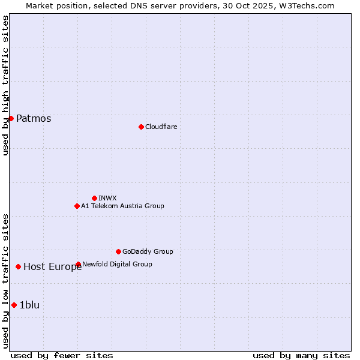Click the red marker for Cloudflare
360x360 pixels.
[x=141, y=127]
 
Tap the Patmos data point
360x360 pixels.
[x=11, y=118]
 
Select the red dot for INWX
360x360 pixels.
[x=94, y=198]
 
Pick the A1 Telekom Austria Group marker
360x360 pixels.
[x=77, y=206]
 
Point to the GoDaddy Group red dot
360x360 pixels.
[x=118, y=251]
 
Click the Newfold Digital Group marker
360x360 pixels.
[x=78, y=264]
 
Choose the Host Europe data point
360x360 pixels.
[x=19, y=266]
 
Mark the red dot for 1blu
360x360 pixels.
[x=14, y=305]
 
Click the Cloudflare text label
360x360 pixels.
[x=161, y=127]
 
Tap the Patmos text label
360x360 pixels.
[x=34, y=118]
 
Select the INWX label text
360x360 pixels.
[x=107, y=198]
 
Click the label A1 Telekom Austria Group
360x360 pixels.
[x=122, y=206]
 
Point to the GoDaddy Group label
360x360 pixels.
[x=148, y=251]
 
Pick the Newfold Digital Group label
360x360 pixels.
[x=117, y=264]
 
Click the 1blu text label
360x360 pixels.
[x=29, y=305]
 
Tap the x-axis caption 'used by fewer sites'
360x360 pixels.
[x=62, y=355]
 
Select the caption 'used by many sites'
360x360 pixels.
[x=301, y=355]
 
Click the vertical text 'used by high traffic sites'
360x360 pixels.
[x=5, y=85]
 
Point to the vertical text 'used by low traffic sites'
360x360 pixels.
[x=5, y=280]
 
